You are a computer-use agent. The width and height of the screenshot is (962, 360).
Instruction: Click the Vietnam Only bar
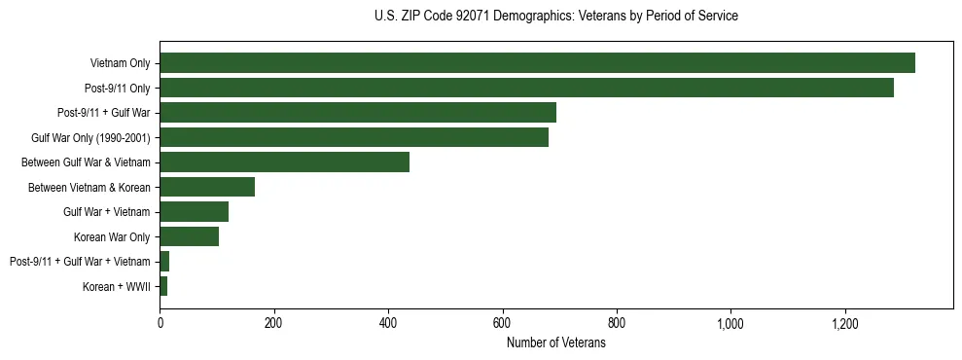pyautogui.click(x=537, y=63)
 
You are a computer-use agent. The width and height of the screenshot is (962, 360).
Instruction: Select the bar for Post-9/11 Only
pyautogui.click(x=526, y=89)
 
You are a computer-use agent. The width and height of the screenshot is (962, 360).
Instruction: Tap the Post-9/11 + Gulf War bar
pyautogui.click(x=358, y=113)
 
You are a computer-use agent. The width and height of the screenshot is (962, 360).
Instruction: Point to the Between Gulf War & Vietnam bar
pyautogui.click(x=284, y=162)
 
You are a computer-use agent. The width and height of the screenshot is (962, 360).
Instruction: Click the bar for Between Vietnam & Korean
pyautogui.click(x=207, y=187)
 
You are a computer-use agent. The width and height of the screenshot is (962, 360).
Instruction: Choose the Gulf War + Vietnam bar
pyautogui.click(x=194, y=212)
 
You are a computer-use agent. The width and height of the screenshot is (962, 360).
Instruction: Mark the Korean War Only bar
pyautogui.click(x=189, y=236)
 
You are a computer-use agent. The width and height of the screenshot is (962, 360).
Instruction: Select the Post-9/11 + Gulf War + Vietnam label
pyautogui.click(x=80, y=262)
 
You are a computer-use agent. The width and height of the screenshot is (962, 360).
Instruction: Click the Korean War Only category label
pyautogui.click(x=112, y=237)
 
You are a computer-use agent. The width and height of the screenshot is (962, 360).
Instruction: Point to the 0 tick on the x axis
pyautogui.click(x=160, y=324)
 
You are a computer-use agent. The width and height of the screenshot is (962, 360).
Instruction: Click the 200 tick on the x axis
pyautogui.click(x=273, y=324)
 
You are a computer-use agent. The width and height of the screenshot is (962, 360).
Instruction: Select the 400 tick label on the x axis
pyautogui.click(x=388, y=324)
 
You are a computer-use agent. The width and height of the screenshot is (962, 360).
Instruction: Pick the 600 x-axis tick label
pyautogui.click(x=502, y=324)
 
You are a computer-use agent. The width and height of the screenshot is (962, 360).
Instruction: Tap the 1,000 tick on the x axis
pyautogui.click(x=730, y=324)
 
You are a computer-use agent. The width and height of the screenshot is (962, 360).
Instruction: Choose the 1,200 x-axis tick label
pyautogui.click(x=844, y=324)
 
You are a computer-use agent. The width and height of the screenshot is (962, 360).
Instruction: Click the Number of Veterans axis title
pyautogui.click(x=555, y=343)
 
